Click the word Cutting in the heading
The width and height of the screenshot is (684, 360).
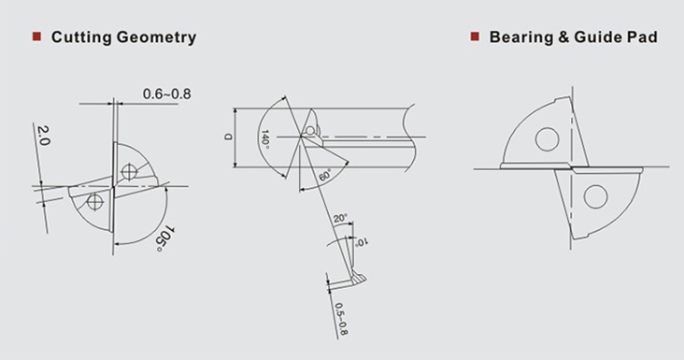(x=81, y=37)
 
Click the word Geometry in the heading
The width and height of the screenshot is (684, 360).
(x=157, y=37)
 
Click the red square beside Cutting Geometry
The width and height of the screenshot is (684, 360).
(x=36, y=36)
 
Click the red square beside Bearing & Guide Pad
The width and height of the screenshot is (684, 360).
(x=475, y=36)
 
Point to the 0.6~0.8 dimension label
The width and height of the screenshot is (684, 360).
(x=167, y=94)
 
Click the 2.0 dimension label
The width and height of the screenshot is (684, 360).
(x=44, y=136)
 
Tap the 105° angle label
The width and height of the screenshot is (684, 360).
(x=164, y=238)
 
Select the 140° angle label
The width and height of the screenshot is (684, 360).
(x=264, y=139)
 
